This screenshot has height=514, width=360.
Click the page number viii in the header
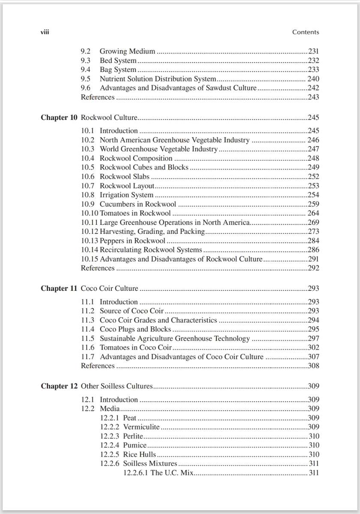pyautogui.click(x=45, y=32)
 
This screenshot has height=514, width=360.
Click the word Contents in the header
pyautogui.click(x=306, y=32)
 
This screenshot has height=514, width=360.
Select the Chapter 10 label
pyautogui.click(x=59, y=117)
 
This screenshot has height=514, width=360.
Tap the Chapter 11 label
pyautogui.click(x=59, y=288)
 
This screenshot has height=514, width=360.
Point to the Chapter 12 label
pyautogui.click(x=59, y=386)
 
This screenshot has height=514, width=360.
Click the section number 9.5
pyautogui.click(x=86, y=79)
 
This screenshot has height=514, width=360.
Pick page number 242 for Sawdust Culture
pyautogui.click(x=313, y=88)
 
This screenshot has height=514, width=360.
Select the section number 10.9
pyautogui.click(x=88, y=204)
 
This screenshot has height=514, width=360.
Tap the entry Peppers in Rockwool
pyautogui.click(x=132, y=241)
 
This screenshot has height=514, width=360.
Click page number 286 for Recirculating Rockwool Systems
pyautogui.click(x=313, y=250)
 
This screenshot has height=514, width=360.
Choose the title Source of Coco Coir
pyautogui.click(x=132, y=311)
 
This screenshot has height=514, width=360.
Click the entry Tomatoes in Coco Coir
pyautogui.click(x=135, y=347)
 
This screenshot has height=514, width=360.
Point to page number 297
pyautogui.click(x=313, y=338)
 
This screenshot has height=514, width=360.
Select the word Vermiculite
pyautogui.click(x=141, y=427)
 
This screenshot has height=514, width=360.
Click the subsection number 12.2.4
pyautogui.click(x=110, y=445)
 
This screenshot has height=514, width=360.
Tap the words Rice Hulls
pyautogui.click(x=139, y=454)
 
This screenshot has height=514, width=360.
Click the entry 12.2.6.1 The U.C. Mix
pyautogui.click(x=159, y=473)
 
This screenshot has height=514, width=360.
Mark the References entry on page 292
pyautogui.click(x=98, y=268)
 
